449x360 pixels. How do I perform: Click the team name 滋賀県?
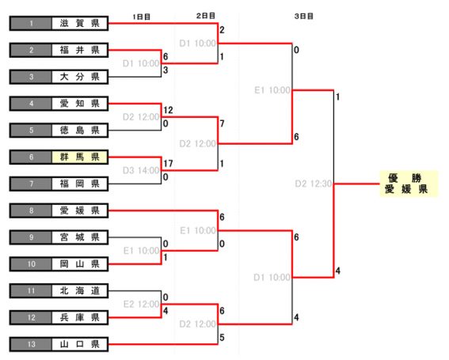(80, 23)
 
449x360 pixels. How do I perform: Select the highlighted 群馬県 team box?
(80, 157)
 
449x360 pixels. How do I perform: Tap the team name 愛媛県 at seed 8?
(80, 210)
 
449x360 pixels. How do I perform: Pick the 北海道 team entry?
(80, 290)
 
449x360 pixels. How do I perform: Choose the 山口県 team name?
(80, 344)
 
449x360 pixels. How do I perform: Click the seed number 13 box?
(31, 344)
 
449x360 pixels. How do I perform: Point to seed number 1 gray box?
(31, 23)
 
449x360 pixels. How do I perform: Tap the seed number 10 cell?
(31, 263)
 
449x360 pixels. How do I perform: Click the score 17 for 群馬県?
(168, 164)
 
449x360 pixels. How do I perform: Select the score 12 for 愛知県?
(168, 110)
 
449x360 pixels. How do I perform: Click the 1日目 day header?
(142, 17)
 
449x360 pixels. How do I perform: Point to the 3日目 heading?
(304, 16)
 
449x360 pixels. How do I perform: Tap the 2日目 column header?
(206, 16)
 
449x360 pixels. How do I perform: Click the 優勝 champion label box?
(409, 184)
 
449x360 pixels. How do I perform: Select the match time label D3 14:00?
(141, 171)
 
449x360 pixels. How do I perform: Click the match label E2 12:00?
(141, 304)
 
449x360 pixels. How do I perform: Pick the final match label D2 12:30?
(314, 184)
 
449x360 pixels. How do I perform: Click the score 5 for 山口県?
(222, 338)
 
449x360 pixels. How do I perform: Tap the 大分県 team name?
(80, 77)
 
